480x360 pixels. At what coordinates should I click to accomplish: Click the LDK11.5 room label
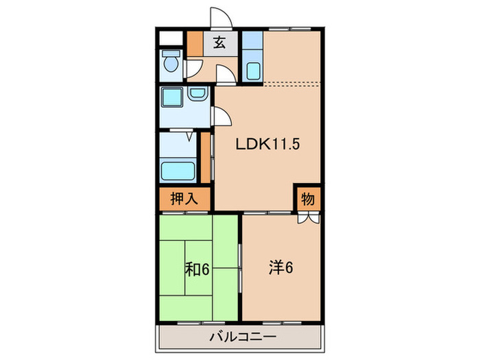click(x=268, y=145)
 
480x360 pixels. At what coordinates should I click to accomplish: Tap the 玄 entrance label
click(x=219, y=44)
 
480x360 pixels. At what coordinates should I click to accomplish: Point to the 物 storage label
click(x=308, y=200)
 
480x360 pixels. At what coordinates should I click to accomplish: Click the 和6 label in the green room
click(x=197, y=268)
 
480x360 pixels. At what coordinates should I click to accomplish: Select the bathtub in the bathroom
click(x=179, y=169)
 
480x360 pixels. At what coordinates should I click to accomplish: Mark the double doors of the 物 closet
click(x=308, y=219)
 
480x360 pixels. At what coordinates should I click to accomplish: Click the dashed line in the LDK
click(x=291, y=84)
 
